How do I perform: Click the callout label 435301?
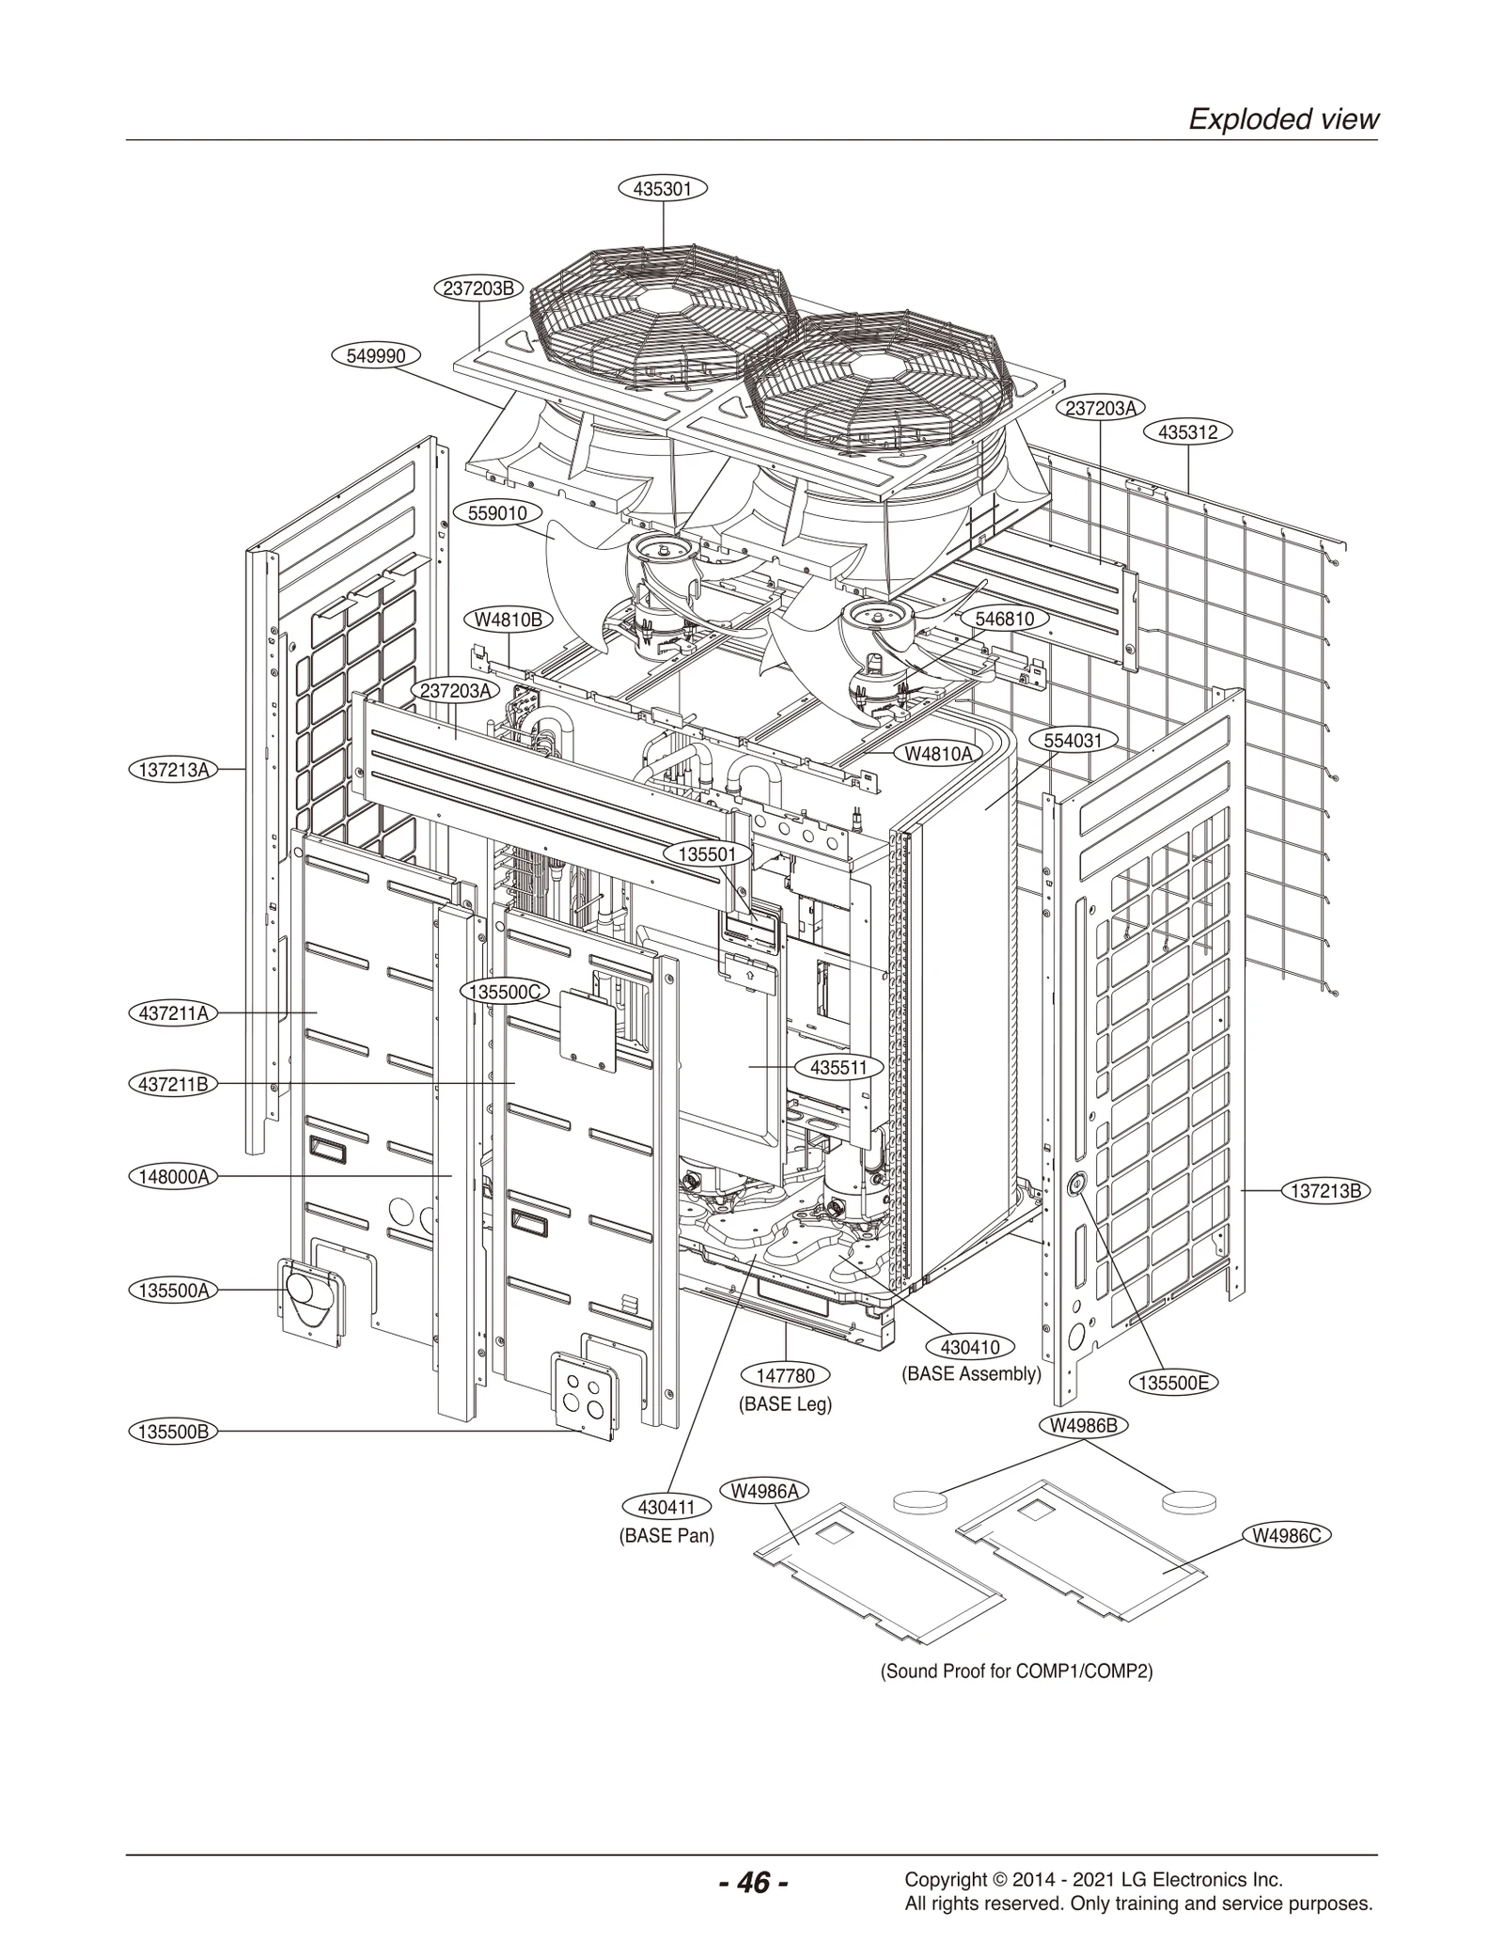662,189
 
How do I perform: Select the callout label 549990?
376,356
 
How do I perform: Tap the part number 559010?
504,513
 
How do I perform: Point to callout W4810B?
509,619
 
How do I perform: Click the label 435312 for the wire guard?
1187,432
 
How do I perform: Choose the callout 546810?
1004,619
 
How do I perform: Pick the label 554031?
1073,740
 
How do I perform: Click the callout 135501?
714,854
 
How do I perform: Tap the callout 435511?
838,1068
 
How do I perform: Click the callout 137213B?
1325,1191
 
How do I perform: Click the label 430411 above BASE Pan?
666,1508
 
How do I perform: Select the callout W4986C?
1287,1536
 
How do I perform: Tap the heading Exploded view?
1283,119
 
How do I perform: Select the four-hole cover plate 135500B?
586,1397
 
